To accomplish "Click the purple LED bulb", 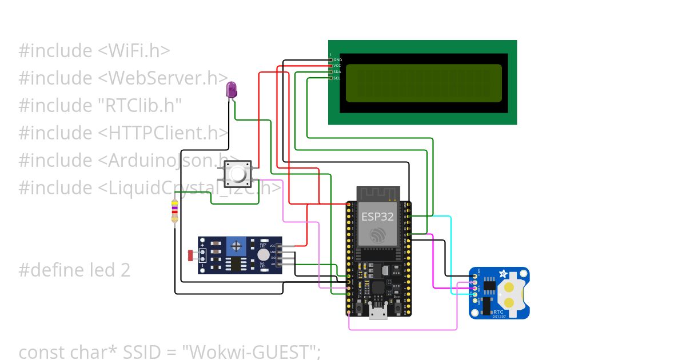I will tap(232, 89).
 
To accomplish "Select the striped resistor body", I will tap(174, 212).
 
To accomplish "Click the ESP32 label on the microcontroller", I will tap(377, 217).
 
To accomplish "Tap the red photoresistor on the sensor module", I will tap(190, 254).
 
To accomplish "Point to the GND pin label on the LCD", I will tap(337, 59).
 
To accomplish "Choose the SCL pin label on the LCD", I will tap(337, 78).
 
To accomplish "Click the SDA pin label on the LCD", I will tap(337, 72).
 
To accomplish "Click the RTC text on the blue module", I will tap(497, 312).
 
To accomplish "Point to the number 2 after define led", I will tap(125, 270).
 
